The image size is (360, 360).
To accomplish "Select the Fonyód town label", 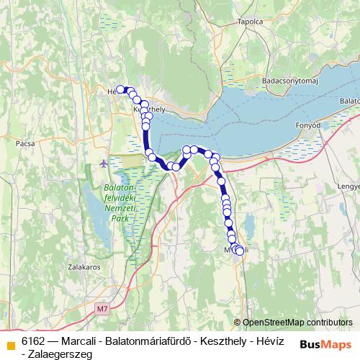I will tap(307, 125).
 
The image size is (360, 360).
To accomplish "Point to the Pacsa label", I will tap(25, 143).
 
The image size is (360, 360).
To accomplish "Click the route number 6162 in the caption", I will tap(33, 339).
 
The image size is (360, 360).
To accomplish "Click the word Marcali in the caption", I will tap(80, 339).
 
